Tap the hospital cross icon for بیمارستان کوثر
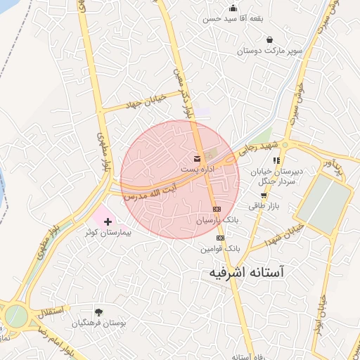click(108, 222)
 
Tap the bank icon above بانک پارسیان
click(217, 210)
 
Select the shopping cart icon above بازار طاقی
click(264, 195)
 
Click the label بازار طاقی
click(264, 206)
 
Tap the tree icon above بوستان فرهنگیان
click(98, 312)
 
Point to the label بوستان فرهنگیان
click(98, 323)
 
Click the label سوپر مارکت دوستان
click(259, 51)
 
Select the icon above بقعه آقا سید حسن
click(233, 8)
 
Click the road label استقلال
click(49, 310)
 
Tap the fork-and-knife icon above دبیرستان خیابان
click(276, 161)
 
